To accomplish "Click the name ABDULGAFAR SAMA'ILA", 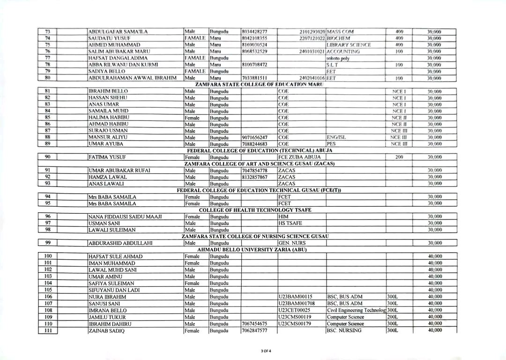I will point(118,32).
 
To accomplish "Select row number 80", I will point(47,77).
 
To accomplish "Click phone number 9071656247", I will point(255,137).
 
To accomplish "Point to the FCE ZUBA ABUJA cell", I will point(299,157).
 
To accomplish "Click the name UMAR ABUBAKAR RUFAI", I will point(119,170).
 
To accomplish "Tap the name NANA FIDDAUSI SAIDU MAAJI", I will point(125,217).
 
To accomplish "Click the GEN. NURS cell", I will point(291,243).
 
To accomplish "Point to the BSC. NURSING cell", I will point(344,330).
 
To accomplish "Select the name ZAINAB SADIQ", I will point(105,330).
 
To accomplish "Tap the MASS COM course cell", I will point(341,32).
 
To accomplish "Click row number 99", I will point(47,243).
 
